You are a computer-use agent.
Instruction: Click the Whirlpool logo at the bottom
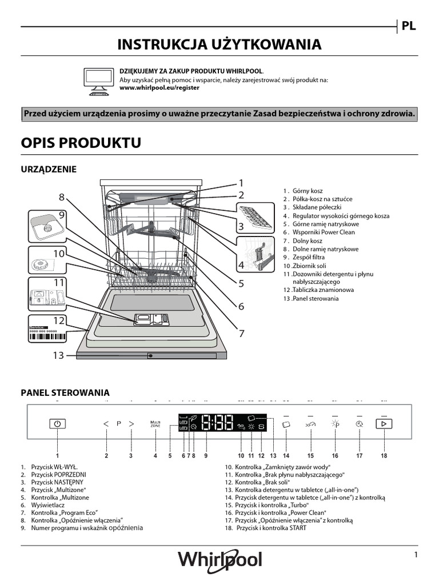[x=219, y=559]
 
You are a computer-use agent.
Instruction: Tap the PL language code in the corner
[x=408, y=26]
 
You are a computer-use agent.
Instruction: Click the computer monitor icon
[x=98, y=81]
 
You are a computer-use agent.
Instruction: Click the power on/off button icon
[x=58, y=424]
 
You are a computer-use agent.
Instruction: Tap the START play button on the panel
[x=384, y=424]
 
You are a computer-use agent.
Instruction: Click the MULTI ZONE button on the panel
[x=155, y=424]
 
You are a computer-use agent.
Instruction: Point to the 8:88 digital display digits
[x=217, y=423]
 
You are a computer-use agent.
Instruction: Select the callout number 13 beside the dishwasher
[x=58, y=355]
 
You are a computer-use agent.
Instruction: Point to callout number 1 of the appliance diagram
[x=241, y=183]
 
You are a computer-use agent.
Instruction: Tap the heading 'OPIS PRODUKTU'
[x=81, y=143]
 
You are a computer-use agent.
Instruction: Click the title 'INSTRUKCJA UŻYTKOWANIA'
[x=219, y=45]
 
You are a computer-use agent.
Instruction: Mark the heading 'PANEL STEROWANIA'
[x=65, y=393]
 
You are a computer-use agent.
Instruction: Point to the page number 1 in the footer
[x=416, y=555]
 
